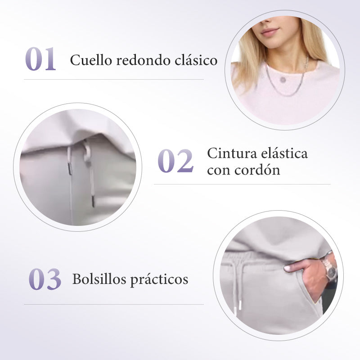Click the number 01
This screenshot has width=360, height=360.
pyautogui.click(x=40, y=59)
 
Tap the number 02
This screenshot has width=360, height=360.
pyautogui.click(x=175, y=161)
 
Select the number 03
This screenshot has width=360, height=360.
pyautogui.click(x=45, y=279)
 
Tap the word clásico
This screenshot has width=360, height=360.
pyautogui.click(x=196, y=60)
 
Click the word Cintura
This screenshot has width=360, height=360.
pyautogui.click(x=232, y=153)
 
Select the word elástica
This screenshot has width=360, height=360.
pyautogui.click(x=284, y=153)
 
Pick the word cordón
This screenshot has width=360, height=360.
pyautogui.click(x=257, y=170)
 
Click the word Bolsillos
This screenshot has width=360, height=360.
pyautogui.click(x=99, y=279)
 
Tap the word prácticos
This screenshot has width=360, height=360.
pyautogui.click(x=159, y=280)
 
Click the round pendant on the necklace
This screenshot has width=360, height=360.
pyautogui.click(x=283, y=80)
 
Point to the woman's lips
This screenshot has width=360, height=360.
pyautogui.click(x=270, y=31)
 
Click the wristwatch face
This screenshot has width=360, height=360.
pyautogui.click(x=331, y=271)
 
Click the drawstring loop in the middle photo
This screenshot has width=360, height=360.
pyautogui.click(x=87, y=150)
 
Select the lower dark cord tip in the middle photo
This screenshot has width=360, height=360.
pyautogui.click(x=93, y=201)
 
